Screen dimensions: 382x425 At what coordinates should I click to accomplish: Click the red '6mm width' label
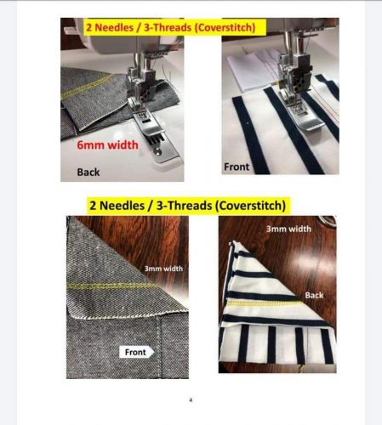(x=107, y=145)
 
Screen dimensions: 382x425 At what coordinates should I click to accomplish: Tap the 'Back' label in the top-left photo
(x=88, y=172)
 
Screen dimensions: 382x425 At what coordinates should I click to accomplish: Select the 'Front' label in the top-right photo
(x=237, y=167)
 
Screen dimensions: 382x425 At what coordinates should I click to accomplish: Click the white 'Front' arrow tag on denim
(x=137, y=352)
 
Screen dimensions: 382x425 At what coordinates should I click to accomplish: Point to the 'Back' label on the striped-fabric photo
(x=314, y=295)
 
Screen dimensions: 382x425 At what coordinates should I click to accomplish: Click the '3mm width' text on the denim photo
(x=163, y=269)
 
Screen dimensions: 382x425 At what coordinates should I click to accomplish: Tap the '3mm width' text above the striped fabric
(x=288, y=229)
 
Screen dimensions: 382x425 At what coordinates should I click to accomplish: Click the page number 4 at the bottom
(x=191, y=400)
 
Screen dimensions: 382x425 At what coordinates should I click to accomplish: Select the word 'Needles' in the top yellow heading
(x=114, y=27)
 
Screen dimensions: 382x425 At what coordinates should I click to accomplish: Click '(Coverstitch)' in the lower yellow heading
(x=250, y=206)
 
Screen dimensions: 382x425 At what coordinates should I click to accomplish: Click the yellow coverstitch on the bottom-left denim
(x=111, y=286)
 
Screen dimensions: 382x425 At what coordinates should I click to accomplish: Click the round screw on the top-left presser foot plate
(x=157, y=152)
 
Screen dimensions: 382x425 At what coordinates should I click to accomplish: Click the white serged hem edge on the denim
(x=128, y=314)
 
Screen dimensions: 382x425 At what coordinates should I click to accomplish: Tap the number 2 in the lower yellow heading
(x=93, y=206)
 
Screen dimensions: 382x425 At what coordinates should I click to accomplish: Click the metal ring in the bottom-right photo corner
(x=328, y=221)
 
